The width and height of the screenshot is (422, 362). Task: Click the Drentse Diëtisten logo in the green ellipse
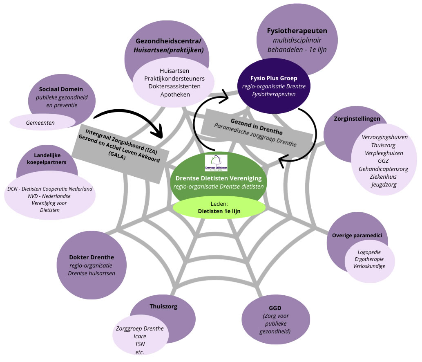pyautogui.click(x=216, y=162)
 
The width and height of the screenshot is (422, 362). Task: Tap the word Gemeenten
pyautogui.click(x=40, y=122)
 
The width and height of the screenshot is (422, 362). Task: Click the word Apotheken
pyautogui.click(x=175, y=94)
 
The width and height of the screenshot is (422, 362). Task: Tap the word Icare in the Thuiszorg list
pyautogui.click(x=140, y=336)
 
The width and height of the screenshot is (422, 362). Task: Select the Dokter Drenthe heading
pyautogui.click(x=92, y=257)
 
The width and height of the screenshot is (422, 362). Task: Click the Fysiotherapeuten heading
pyautogui.click(x=297, y=31)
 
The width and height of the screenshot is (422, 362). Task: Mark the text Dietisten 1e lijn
pyautogui.click(x=219, y=211)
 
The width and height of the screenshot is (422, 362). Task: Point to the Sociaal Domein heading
pyautogui.click(x=61, y=89)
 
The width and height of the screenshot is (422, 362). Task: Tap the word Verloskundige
pyautogui.click(x=369, y=266)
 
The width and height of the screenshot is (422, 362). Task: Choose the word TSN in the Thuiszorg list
pyautogui.click(x=140, y=344)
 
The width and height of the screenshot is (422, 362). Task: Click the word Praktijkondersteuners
pyautogui.click(x=174, y=79)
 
